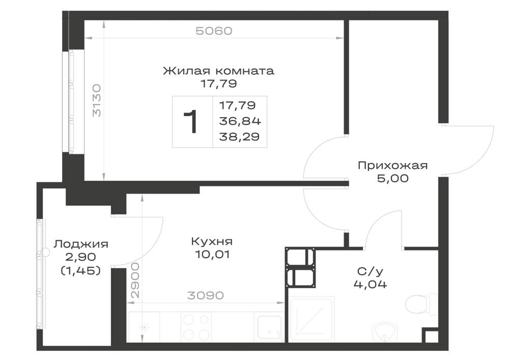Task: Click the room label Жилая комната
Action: pos(218,70)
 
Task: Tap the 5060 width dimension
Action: pos(214,31)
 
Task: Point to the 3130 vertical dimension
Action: pos(96,101)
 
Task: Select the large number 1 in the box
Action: pos(190,122)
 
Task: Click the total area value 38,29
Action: pos(239,136)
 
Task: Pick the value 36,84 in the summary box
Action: pos(240,121)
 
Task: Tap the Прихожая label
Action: pos(393,166)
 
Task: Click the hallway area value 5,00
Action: pos(393,178)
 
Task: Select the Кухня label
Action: pos(212,242)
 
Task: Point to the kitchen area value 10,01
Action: pos(213,255)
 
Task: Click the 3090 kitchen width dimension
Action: pos(206,295)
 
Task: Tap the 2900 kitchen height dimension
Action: pos(135,281)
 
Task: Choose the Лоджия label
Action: pos(81,244)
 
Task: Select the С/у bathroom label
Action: pos(370,271)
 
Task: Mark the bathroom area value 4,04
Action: pos(370,284)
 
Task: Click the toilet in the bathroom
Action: pos(422,304)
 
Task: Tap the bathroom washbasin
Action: pos(384,333)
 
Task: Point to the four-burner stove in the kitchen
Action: pos(196,327)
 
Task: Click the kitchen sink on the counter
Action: pos(270,328)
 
